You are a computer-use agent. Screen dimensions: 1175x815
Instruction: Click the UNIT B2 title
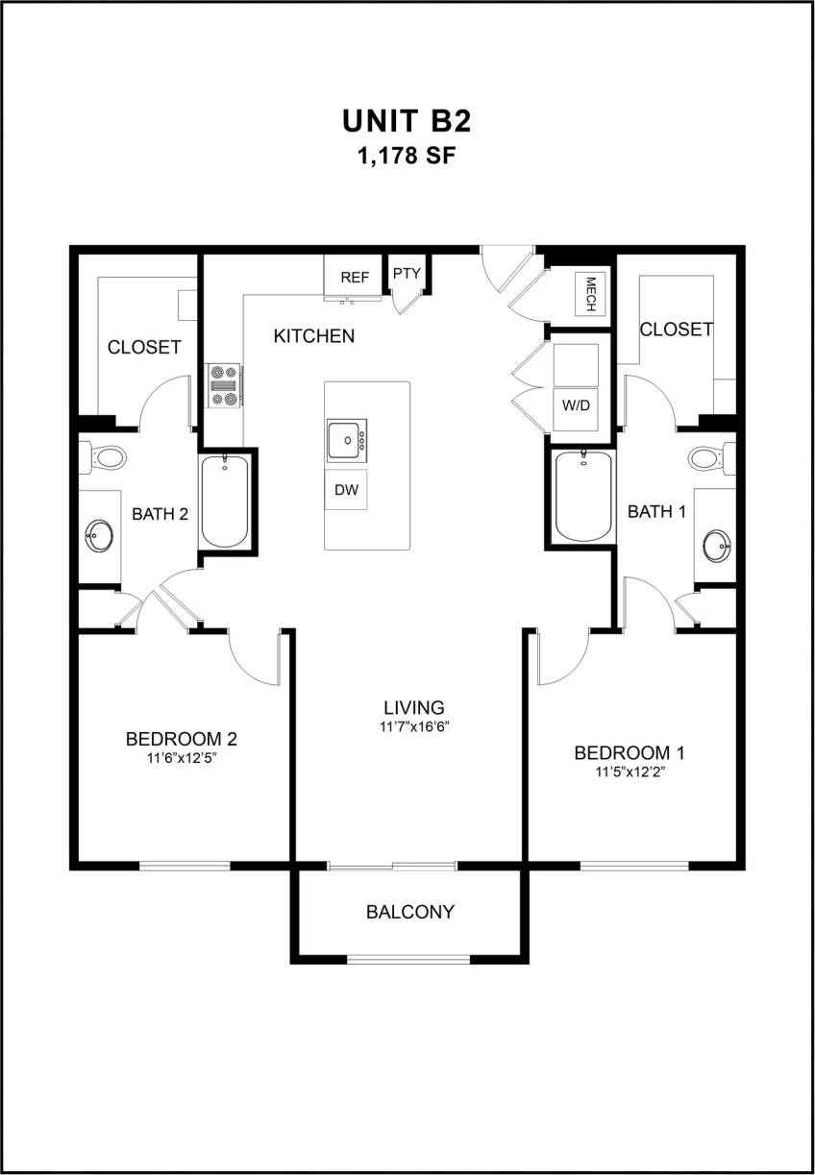tap(407, 122)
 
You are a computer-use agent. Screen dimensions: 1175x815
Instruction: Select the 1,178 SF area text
tap(407, 156)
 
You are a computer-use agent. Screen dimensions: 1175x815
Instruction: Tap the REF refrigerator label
tap(355, 278)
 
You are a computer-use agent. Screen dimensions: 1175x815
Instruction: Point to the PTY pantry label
tap(407, 273)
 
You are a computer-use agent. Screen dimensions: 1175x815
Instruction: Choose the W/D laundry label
tap(576, 404)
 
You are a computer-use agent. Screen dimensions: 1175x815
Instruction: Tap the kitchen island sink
tap(344, 440)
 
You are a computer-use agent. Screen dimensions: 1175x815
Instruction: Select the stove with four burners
tap(226, 385)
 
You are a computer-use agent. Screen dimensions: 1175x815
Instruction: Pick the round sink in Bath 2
tap(98, 536)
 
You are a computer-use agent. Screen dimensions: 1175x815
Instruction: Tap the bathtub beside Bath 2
tap(226, 502)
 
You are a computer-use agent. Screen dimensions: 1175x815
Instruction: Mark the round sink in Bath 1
tap(716, 545)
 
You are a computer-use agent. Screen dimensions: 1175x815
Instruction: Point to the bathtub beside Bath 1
tap(583, 496)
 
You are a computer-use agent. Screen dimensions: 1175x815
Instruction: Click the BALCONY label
tap(410, 912)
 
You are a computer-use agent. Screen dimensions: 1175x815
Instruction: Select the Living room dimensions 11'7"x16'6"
tap(415, 726)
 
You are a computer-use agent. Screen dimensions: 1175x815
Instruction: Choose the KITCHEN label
tap(314, 336)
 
